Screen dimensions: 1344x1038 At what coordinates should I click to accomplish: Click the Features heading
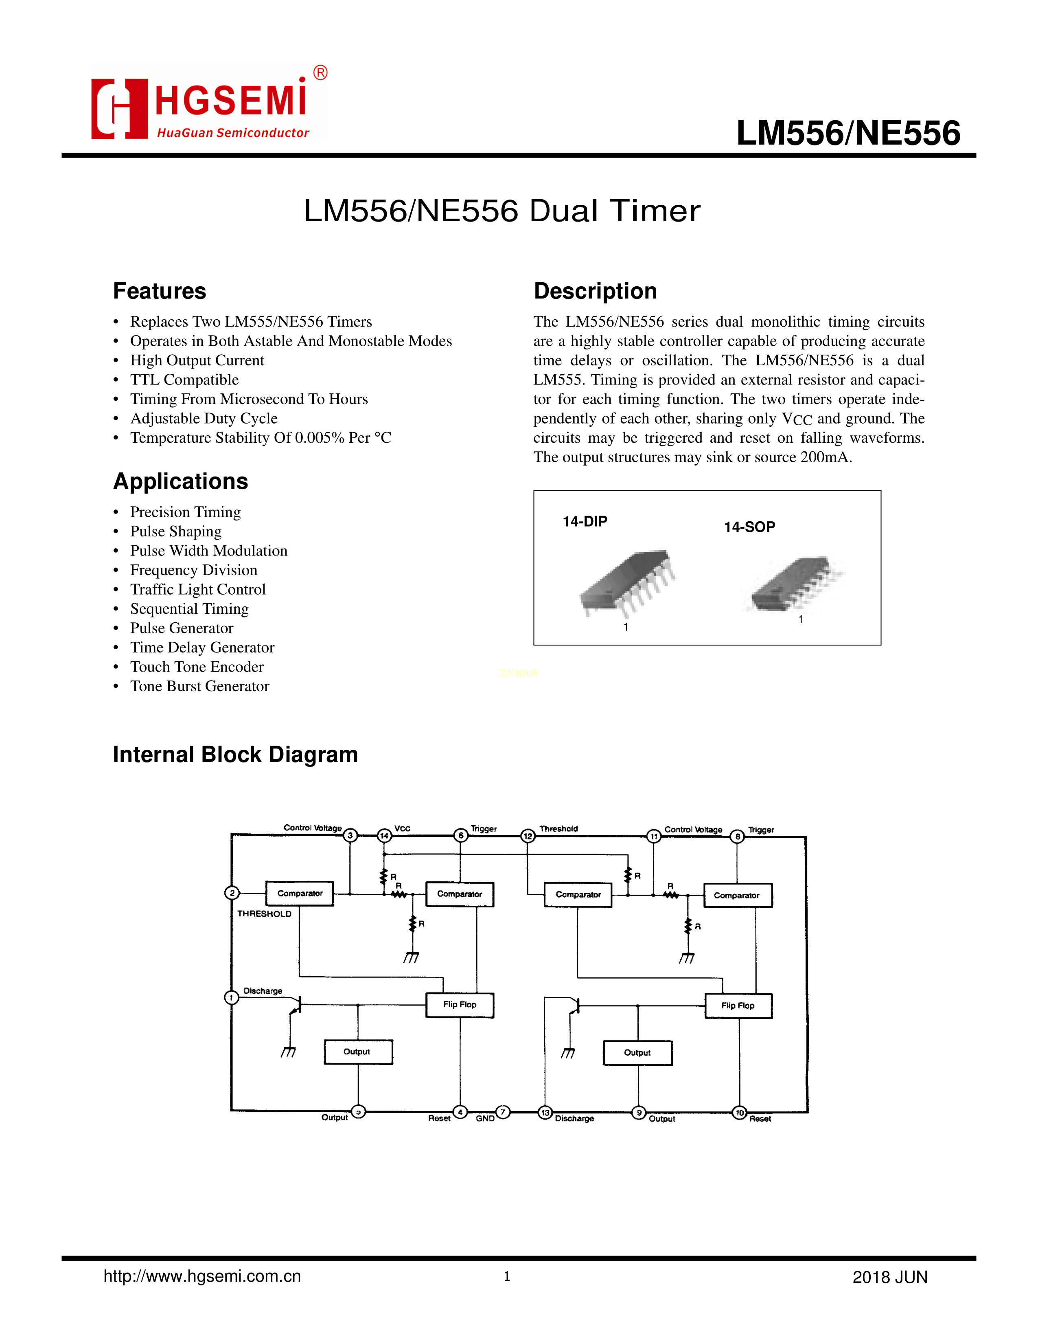click(x=159, y=291)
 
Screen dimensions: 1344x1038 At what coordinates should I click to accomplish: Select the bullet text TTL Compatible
click(x=184, y=380)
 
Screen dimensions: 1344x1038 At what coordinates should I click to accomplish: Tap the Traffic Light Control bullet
click(x=197, y=590)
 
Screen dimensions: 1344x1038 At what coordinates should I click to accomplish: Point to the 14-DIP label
click(x=584, y=521)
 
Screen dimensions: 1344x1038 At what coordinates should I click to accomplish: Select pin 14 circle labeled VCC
click(x=384, y=835)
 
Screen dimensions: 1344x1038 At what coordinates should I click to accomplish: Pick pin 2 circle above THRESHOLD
click(x=232, y=893)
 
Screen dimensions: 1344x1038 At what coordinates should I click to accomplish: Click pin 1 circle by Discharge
click(x=231, y=997)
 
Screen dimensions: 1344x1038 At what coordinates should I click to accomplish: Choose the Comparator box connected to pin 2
click(x=300, y=894)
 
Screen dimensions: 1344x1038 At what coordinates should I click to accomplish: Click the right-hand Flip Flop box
click(x=738, y=1006)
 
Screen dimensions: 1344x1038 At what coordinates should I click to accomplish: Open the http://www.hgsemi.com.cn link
click(x=201, y=1276)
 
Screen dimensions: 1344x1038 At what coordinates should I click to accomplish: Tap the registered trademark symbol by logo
click(x=320, y=72)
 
